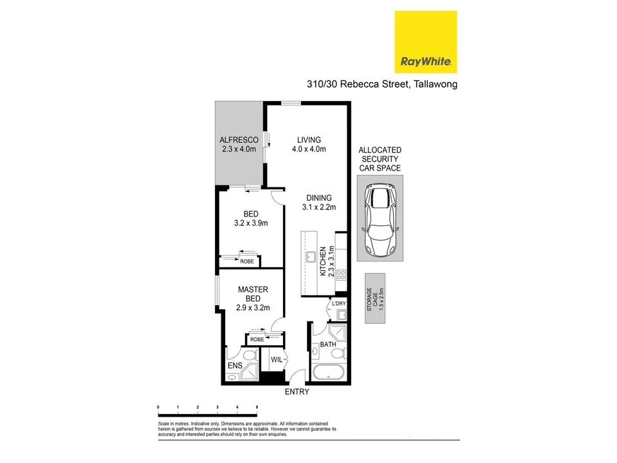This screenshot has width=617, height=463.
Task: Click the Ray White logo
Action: [x=425, y=41]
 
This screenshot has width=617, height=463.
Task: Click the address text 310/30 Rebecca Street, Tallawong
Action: [x=381, y=84]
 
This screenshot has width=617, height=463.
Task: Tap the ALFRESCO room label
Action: [x=239, y=144]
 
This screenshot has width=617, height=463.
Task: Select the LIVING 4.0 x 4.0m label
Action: [x=309, y=144]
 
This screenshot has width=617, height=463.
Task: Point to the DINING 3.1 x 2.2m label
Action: [x=318, y=202]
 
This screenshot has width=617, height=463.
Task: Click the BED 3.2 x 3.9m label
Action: [x=250, y=219]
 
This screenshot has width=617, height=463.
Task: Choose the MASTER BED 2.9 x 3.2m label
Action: [x=252, y=299]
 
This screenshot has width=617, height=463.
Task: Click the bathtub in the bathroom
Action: [x=329, y=372]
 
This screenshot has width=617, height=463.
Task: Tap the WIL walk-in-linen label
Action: [x=277, y=359]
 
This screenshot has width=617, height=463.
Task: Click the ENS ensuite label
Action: [x=234, y=366]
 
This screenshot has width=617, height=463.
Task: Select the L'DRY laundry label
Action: [x=338, y=304]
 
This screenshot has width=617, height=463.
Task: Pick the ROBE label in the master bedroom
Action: [x=256, y=339]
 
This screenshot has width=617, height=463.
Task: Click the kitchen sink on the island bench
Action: [x=311, y=258]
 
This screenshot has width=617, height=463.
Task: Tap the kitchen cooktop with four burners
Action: [x=341, y=276]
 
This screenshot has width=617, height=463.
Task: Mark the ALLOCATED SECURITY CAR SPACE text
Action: [x=380, y=158]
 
